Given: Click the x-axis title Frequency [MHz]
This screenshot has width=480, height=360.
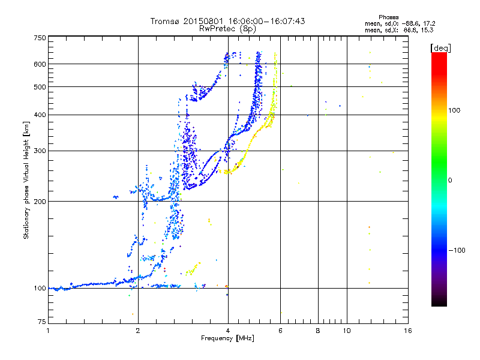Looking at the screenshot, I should point(227,338).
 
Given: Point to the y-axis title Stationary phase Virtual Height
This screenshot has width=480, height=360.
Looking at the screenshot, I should point(26,180).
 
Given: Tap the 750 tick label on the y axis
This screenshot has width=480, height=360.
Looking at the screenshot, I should point(40,38).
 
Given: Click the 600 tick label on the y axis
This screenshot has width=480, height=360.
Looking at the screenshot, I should point(40,64).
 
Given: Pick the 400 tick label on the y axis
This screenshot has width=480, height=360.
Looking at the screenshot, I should point(40,115).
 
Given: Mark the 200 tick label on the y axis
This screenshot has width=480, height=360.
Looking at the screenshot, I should point(40,202).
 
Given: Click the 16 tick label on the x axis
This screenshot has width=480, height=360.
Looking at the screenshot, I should point(407,331).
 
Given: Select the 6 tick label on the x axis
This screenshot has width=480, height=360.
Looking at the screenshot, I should point(280,331).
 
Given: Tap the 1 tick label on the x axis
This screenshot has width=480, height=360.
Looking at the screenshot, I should point(49,331).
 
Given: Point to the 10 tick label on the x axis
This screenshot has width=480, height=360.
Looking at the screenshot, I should point(346,331).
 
